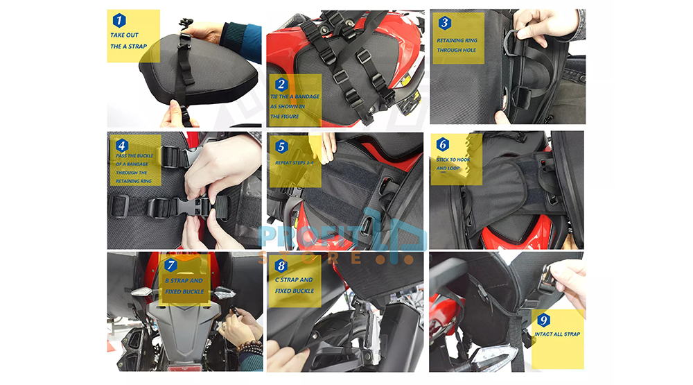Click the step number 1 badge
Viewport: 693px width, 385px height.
(x=119, y=20)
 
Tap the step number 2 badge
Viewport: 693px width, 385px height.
(x=281, y=84)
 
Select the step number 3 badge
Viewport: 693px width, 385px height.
(x=445, y=23)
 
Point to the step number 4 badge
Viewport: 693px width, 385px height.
(x=122, y=145)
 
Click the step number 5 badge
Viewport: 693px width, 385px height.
(x=281, y=146)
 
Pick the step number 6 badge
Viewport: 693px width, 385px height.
(x=443, y=144)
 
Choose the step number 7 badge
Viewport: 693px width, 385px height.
(x=170, y=265)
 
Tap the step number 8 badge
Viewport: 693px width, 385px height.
(x=281, y=266)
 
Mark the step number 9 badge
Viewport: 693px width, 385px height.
(x=543, y=320)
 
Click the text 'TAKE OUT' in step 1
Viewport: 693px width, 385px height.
(x=124, y=35)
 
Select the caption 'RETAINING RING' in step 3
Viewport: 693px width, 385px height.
(x=457, y=40)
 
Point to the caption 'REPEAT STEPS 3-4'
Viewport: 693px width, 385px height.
(x=295, y=163)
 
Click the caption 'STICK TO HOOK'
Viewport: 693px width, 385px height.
(x=453, y=160)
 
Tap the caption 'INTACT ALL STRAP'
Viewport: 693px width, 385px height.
(x=557, y=334)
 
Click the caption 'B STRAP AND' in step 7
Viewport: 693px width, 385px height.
(x=184, y=280)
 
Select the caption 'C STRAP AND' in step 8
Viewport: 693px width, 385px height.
(x=294, y=280)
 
